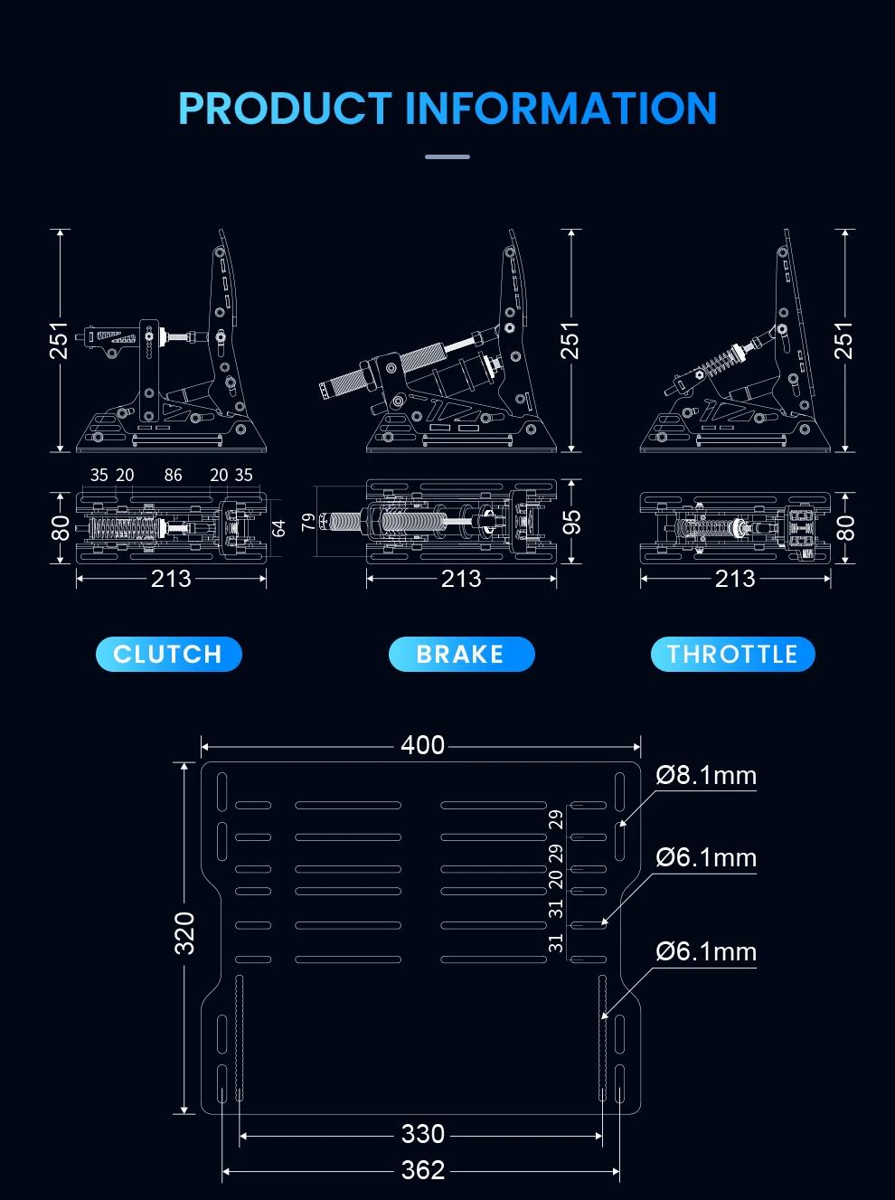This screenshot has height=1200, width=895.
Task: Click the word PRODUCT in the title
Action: [285, 109]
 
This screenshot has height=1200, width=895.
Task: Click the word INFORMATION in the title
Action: [561, 109]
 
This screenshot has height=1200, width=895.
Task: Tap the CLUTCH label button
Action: [168, 654]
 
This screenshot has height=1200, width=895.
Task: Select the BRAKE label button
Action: [461, 654]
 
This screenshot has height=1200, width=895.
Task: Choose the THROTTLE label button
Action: [732, 654]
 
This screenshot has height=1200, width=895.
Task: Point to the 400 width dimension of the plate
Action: [422, 745]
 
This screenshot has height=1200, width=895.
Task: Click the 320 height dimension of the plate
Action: [184, 932]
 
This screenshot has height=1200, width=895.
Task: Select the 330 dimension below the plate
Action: [422, 1134]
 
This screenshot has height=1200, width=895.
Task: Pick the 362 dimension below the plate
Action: [422, 1170]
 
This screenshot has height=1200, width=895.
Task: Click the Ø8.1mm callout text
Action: [706, 776]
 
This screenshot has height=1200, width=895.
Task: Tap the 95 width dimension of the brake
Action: [570, 522]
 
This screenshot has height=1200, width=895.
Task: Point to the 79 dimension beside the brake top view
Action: [308, 522]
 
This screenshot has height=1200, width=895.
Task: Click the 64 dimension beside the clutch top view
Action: [278, 528]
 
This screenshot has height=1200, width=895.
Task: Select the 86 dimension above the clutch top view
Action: [173, 475]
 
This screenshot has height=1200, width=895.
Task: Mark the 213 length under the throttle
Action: [735, 579]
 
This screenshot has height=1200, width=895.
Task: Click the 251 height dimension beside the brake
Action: [570, 340]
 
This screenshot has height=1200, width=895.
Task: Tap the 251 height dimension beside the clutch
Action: [59, 340]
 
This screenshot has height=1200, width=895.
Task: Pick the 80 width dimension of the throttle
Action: [844, 528]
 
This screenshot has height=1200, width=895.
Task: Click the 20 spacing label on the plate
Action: [556, 880]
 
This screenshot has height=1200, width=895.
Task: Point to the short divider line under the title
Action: [447, 157]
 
